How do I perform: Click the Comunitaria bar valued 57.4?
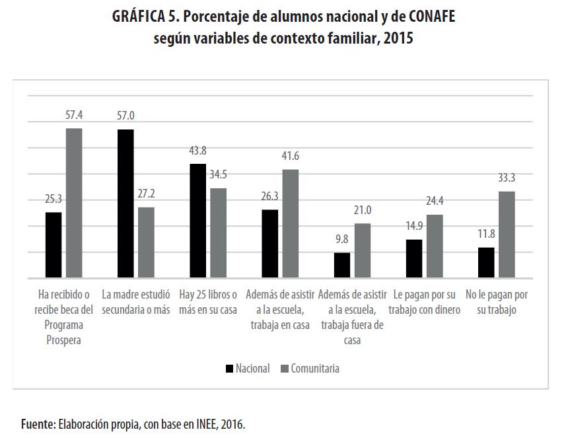74,203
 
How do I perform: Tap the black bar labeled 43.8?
197,221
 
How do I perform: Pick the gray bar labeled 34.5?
218,233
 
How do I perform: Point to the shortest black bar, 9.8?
342,265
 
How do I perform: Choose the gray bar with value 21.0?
363,250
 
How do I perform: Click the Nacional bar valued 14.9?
414,258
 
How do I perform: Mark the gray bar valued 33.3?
507,235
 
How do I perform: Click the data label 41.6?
291,157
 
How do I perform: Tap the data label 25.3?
53,199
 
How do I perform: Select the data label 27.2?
146,194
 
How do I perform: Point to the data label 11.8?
486,234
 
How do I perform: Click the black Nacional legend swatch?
229,369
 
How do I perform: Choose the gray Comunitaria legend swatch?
285,369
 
